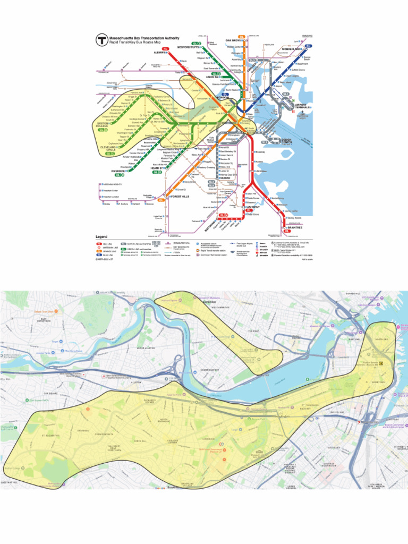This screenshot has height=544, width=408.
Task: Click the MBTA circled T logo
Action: pyautogui.click(x=101, y=39)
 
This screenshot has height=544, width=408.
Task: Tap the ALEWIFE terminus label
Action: pyautogui.click(x=160, y=53)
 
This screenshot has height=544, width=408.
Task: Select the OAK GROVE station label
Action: pyautogui.click(x=234, y=40)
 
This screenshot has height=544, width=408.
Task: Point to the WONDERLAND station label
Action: pyautogui.click(x=292, y=49)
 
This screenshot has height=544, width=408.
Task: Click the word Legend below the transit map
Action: pyautogui.click(x=101, y=236)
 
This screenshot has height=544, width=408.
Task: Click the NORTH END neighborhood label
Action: pyautogui.click(x=381, y=339)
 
